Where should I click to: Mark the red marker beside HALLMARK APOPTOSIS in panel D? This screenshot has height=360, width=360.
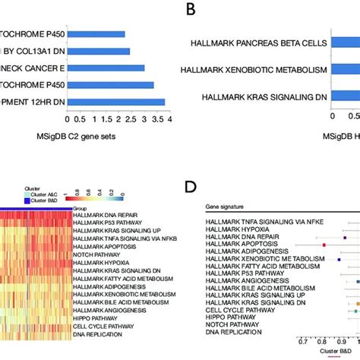coord(324,245)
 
